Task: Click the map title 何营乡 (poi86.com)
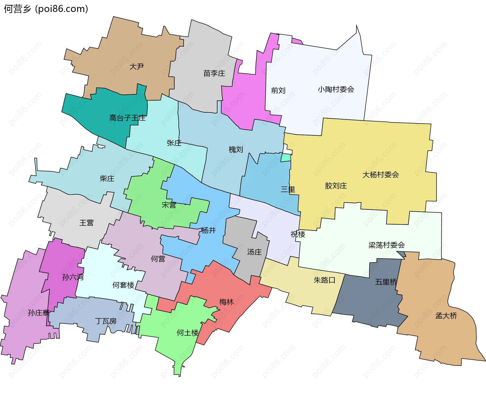46,9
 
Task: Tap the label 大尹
137,66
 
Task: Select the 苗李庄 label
214,73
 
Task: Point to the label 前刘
278,90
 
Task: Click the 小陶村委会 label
336,89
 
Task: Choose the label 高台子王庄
127,118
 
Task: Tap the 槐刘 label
236,149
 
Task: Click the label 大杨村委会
380,175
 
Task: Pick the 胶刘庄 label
336,186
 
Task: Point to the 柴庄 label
107,178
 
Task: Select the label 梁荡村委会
386,245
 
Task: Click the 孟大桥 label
446,316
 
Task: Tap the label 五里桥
386,282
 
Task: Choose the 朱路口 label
325,280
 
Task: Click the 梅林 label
226,302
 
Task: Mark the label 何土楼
188,333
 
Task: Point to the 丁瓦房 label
106,321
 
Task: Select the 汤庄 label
254,252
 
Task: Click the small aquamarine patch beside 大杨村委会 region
286,158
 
